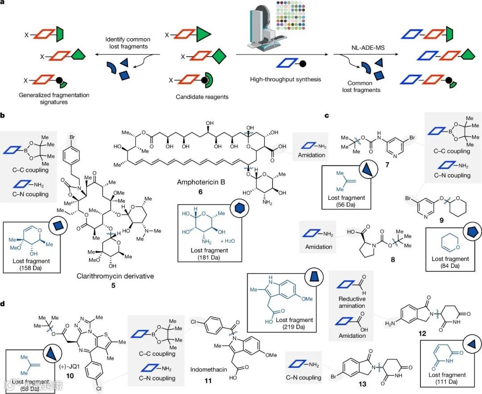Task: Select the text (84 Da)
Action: point(450,265)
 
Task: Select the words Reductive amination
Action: point(352,302)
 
